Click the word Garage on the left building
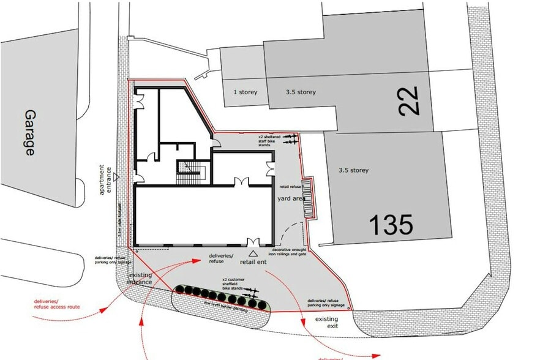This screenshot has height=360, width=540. point(29,133)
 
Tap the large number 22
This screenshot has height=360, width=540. point(408,101)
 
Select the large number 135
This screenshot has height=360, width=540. point(391,225)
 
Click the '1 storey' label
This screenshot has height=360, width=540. point(245,92)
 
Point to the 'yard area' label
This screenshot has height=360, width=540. point(291,198)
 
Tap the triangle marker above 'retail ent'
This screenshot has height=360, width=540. point(253,252)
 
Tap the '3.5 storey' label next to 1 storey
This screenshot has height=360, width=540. point(301,92)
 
